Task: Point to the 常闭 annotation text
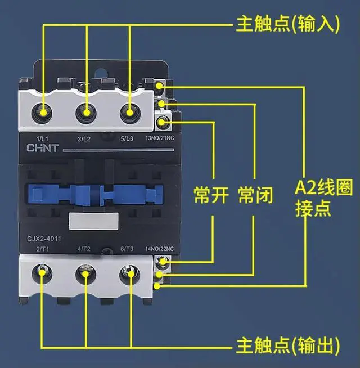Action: [255, 195]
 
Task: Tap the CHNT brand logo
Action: [41, 149]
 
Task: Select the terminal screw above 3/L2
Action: [87, 112]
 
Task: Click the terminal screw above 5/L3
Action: [130, 112]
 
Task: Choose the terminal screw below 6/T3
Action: [129, 274]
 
